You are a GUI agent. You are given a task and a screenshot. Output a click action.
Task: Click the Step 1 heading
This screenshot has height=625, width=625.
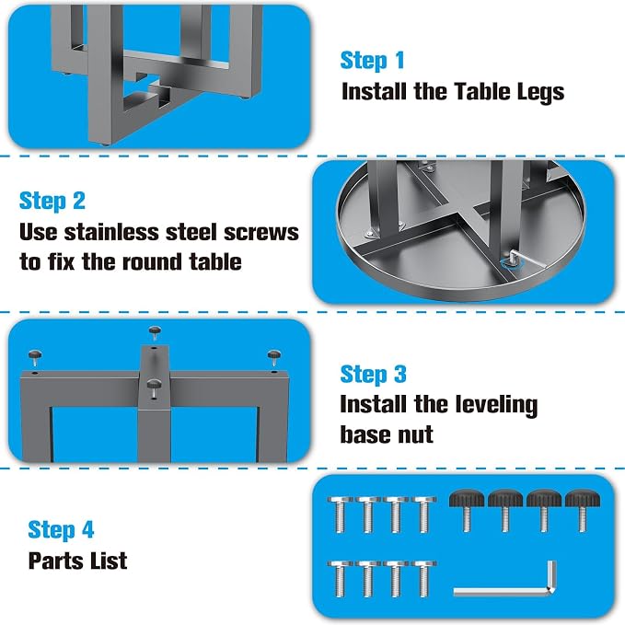tap(372, 61)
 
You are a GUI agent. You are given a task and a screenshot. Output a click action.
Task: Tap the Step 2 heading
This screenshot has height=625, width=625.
tap(52, 202)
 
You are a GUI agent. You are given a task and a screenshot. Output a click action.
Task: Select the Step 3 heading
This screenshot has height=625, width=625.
tap(374, 375)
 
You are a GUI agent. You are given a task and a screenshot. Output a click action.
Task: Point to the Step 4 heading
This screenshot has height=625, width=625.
tap(61, 530)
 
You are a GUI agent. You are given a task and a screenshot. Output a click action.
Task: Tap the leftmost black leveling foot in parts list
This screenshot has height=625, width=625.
tap(467, 509)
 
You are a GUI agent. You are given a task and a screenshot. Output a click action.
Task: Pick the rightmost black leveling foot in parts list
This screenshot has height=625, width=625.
tap(583, 509)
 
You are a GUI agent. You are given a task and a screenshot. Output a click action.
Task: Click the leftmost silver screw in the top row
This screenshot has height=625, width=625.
tap(340, 515)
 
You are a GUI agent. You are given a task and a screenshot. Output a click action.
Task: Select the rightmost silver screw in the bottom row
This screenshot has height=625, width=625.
tap(423, 579)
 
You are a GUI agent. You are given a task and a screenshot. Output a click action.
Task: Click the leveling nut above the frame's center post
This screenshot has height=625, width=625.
tap(155, 333)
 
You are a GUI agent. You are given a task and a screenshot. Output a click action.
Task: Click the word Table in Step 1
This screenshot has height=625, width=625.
tap(482, 91)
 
